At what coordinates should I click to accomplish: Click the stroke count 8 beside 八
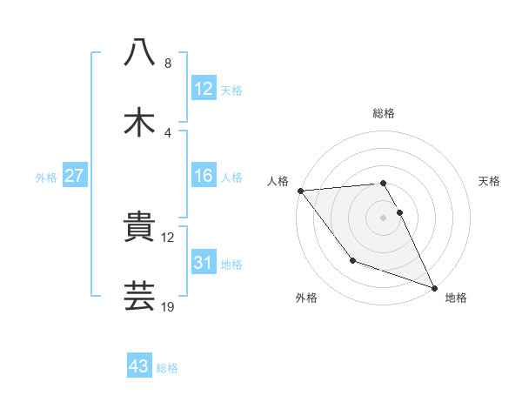point(168,64)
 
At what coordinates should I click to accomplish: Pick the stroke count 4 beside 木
point(168,132)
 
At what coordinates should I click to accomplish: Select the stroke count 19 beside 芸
point(168,306)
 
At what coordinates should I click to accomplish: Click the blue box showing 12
point(203,89)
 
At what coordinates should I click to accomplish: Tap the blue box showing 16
point(203,176)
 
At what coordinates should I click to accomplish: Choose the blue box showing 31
point(203,263)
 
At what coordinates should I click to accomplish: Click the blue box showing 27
point(75,176)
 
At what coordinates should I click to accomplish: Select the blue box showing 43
point(139,366)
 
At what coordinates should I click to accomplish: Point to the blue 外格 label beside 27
point(46,177)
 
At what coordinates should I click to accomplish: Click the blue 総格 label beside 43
point(167,368)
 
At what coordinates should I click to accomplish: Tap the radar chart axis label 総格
point(384,113)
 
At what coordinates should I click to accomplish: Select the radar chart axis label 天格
point(490,181)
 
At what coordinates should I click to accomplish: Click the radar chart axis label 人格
point(278,181)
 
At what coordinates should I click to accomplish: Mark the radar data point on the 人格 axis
point(300,191)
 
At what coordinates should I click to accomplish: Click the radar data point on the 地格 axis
point(433,286)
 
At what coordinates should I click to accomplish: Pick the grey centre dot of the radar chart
point(383,217)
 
